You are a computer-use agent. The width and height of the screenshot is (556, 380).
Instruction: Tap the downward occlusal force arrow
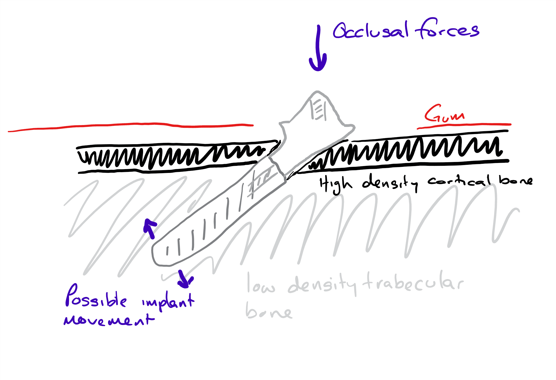pos(318,48)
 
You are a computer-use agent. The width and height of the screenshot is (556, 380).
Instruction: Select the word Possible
pos(95,297)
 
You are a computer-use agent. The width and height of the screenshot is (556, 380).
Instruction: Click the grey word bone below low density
pos(269,312)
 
